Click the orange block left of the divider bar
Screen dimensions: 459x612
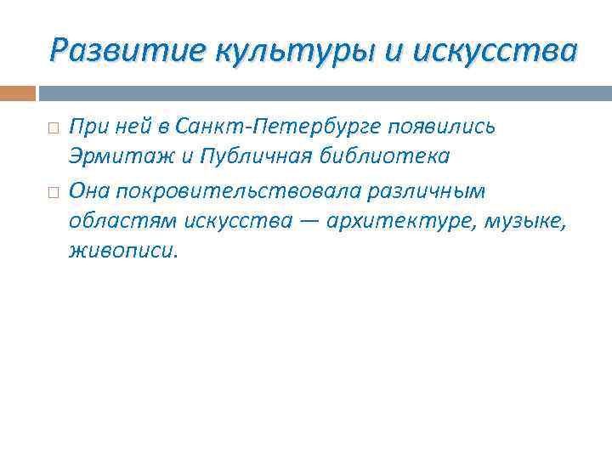point(18,93)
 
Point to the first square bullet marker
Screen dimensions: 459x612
point(53,127)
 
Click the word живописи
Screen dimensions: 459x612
point(124,252)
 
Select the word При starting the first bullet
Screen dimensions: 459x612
point(88,127)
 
